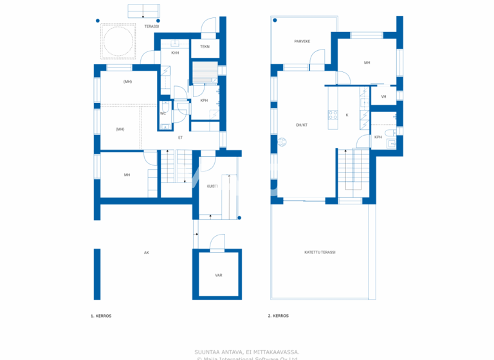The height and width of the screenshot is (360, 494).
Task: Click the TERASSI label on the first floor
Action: click(152, 26)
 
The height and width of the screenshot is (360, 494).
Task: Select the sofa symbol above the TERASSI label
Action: click(143, 10)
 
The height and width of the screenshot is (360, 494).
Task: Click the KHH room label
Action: click(174, 53)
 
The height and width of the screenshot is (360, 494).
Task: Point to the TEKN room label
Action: click(205, 46)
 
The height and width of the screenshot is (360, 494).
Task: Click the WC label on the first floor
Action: click(163, 114)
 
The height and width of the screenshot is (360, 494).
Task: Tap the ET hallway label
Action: click(180, 138)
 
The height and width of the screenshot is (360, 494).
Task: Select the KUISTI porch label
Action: click(212, 186)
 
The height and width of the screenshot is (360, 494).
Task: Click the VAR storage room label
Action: click(219, 275)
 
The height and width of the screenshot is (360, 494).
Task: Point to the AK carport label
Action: click(147, 253)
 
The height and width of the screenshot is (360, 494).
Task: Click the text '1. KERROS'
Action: click(101, 316)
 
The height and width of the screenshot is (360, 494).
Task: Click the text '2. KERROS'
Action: click(278, 316)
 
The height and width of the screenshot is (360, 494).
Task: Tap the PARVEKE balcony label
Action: click(302, 41)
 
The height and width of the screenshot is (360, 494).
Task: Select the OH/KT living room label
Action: click(301, 125)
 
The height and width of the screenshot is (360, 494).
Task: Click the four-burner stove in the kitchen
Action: click(333, 115)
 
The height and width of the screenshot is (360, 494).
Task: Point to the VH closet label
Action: click(383, 97)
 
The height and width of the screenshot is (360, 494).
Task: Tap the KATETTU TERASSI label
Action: click(320, 252)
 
